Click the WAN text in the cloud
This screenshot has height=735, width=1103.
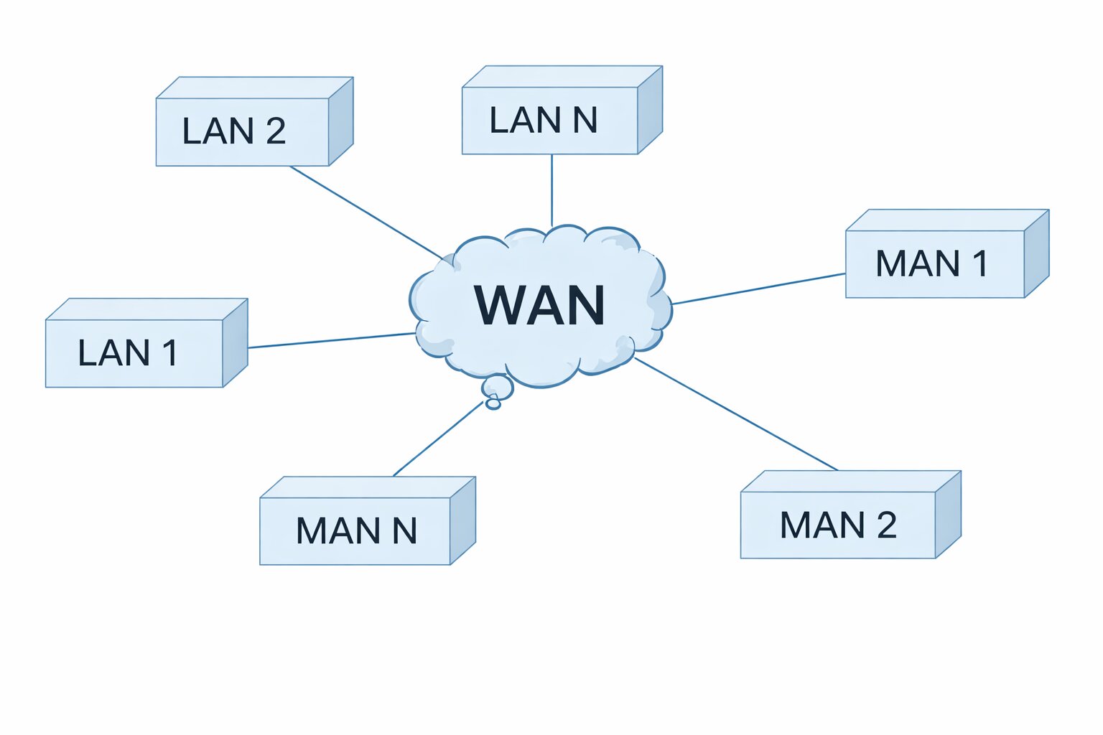[540, 306]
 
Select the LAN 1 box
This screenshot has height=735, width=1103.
[134, 353]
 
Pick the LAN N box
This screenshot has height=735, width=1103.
[549, 120]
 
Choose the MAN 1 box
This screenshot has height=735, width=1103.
[934, 263]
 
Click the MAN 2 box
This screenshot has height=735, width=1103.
[837, 525]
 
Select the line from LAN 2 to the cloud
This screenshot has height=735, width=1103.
[366, 212]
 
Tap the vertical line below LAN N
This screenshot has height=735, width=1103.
[551, 190]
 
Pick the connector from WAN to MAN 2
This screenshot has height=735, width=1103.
[736, 414]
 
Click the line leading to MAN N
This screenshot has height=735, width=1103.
[438, 439]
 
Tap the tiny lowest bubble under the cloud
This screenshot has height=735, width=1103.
[493, 404]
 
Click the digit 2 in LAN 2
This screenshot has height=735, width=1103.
[276, 131]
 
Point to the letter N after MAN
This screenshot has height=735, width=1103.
[404, 531]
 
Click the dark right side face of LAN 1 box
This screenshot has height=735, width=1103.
[235, 343]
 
